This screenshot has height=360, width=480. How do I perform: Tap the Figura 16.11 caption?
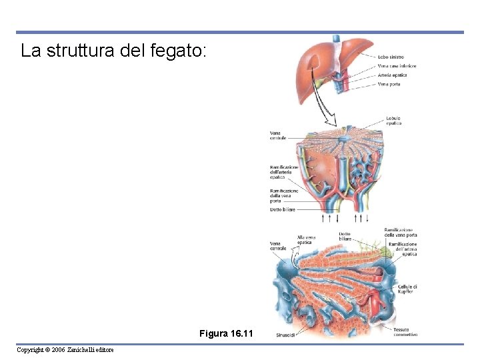point(226,333)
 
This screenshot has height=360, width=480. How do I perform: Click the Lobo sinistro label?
point(391,57)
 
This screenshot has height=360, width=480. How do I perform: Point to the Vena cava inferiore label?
point(397,66)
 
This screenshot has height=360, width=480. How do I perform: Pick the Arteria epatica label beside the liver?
point(392,75)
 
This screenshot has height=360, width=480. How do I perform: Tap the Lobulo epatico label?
point(393,121)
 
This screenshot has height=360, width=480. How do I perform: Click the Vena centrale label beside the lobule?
point(278,135)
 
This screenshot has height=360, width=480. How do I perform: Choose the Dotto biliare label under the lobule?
point(283,209)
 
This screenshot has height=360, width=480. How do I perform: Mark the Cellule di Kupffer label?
point(406,289)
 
